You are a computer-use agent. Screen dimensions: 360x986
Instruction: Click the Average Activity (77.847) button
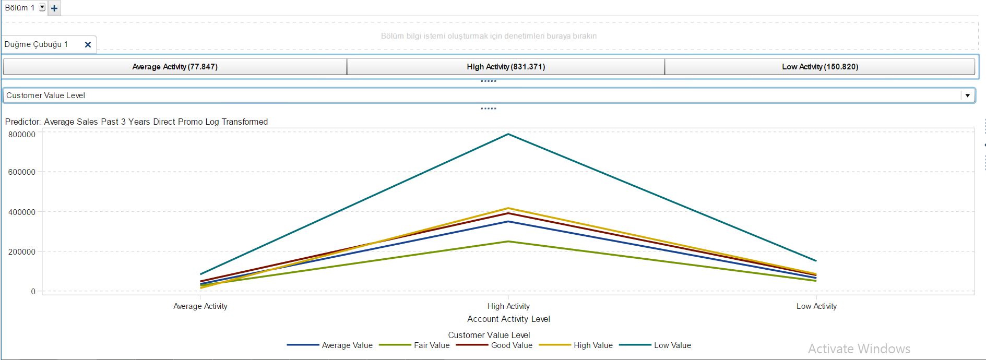(x=175, y=67)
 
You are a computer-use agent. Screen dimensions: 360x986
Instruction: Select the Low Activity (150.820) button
(x=819, y=67)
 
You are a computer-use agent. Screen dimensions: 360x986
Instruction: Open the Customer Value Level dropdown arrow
(x=967, y=95)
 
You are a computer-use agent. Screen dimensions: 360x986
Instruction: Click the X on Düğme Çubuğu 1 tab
(x=88, y=45)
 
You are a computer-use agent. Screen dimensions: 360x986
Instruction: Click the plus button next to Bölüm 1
(x=54, y=8)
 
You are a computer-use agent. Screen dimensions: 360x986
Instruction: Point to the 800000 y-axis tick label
(x=22, y=135)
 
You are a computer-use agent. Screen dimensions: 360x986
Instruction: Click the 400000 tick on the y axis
(x=22, y=212)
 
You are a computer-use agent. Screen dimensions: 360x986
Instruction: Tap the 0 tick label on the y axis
(x=33, y=292)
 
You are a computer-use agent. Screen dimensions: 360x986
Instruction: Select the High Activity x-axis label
(x=508, y=306)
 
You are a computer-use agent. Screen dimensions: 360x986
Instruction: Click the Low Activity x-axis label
(x=816, y=306)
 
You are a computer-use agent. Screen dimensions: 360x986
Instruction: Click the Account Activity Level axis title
(x=508, y=319)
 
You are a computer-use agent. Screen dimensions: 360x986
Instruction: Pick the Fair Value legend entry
(x=431, y=345)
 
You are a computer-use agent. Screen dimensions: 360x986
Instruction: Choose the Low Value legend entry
(x=672, y=345)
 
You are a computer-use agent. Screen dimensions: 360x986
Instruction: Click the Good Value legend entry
(x=511, y=345)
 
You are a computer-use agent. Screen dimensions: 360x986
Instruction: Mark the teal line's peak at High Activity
(x=508, y=135)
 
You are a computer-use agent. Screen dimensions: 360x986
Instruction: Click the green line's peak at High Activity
(x=508, y=242)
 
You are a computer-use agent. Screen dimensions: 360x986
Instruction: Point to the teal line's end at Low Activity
(x=816, y=261)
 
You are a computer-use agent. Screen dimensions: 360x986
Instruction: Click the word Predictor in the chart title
(x=22, y=122)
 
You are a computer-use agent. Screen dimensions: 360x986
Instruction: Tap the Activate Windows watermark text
(x=859, y=349)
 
